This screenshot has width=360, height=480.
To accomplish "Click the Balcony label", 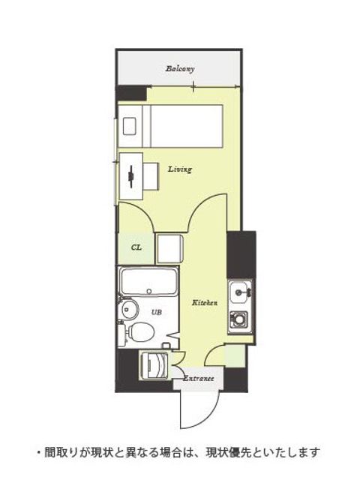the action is point(180,69).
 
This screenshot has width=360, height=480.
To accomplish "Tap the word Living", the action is point(180,169).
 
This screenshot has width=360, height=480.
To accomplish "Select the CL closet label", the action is point(136,247).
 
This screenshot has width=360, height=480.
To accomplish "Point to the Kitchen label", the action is point(205,303).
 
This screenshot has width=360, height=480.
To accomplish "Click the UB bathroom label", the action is point(157,312).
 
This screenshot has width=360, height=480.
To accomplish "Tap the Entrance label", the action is point(198,378).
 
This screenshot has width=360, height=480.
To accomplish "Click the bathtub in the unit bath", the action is point(149,281).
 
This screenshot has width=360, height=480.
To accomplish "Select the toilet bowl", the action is point(141,332).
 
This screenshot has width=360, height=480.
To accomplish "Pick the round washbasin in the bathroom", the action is point(129,310).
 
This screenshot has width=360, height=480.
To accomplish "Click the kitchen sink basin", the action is point(240,292).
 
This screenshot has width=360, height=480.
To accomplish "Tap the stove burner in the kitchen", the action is point(238,320).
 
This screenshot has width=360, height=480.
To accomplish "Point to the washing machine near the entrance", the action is point(154,366).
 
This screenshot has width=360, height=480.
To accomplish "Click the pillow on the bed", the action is point(129,126).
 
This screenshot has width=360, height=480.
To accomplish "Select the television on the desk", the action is point(131,177).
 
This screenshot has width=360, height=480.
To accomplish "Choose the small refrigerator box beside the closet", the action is point(169,248).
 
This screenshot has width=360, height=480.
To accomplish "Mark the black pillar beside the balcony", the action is point(132,93).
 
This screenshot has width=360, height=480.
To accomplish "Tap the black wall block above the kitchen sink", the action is point(241,255).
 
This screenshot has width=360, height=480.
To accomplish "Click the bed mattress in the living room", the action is point(187,126).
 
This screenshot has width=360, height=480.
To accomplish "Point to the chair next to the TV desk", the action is point(151,177).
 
